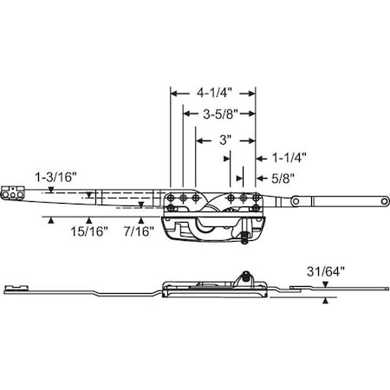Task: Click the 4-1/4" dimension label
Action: click(x=211, y=90)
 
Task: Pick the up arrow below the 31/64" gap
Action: click(x=325, y=300)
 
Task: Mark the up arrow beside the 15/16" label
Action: click(x=88, y=220)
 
